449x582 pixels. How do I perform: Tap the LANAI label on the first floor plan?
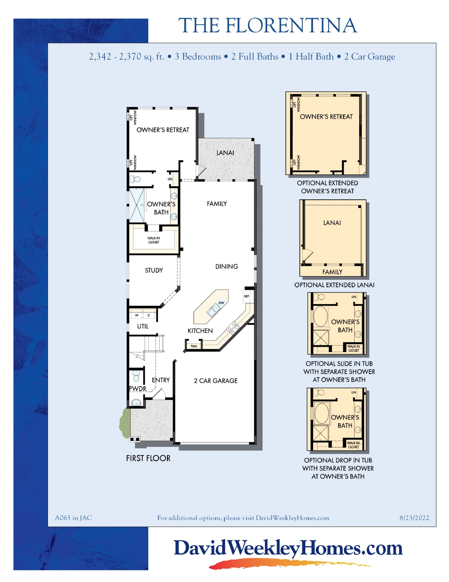pyautogui.click(x=225, y=153)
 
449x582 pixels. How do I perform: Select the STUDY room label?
pyautogui.click(x=154, y=270)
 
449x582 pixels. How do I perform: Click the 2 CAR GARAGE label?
pyautogui.click(x=216, y=381)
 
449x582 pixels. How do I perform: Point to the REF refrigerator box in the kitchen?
pyautogui.click(x=247, y=296)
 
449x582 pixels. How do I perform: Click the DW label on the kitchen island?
pyautogui.click(x=222, y=303)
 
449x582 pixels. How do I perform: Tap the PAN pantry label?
pyautogui.click(x=194, y=346)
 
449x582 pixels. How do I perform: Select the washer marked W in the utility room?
pyautogui.click(x=137, y=315)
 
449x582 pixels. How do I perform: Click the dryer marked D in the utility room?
pyautogui.click(x=149, y=315)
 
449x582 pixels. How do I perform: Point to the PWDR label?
pyautogui.click(x=138, y=388)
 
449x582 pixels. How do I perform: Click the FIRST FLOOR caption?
pyautogui.click(x=148, y=458)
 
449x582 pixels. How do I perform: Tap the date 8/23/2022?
pyautogui.click(x=414, y=518)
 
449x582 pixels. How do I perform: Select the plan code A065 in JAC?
pyautogui.click(x=73, y=518)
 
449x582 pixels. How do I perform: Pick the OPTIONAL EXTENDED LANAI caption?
pyautogui.click(x=334, y=285)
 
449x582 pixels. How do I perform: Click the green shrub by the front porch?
pyautogui.click(x=125, y=423)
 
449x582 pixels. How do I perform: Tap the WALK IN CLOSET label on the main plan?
pyautogui.click(x=154, y=240)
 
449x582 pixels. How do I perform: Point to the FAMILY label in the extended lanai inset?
pyautogui.click(x=332, y=272)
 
